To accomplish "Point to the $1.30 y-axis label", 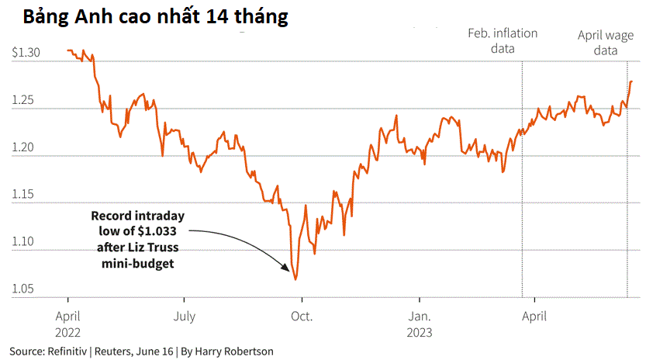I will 26,52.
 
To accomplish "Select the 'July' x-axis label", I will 184,316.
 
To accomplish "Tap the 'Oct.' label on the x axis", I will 301,316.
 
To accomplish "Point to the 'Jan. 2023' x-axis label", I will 419,324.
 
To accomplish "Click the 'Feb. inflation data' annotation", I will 503,41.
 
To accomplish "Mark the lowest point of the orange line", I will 295,279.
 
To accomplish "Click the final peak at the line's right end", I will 631,81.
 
